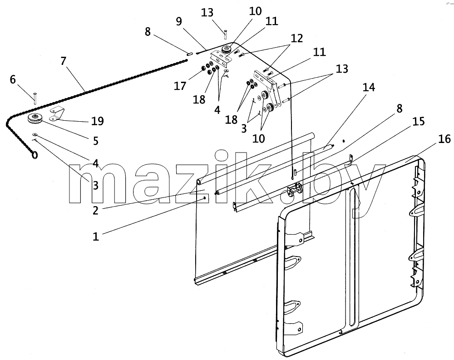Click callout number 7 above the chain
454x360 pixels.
coord(64,61)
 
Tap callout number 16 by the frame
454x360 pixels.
coord(444,139)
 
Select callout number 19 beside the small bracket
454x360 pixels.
coord(98,121)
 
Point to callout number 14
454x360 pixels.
coord(369,87)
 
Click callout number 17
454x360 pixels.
coord(180,86)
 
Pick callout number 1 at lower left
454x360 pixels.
coord(96,237)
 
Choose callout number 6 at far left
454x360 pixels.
coord(13,79)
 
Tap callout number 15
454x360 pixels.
coord(419,121)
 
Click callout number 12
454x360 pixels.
coord(297,38)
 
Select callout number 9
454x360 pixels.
coord(179,21)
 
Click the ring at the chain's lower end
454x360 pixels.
coord(35,155)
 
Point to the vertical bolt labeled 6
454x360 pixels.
coord(35,99)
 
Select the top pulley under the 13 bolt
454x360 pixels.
coord(226,49)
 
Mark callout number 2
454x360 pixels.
coord(95,211)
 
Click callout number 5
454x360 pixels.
coord(96,141)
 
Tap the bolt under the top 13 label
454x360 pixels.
coord(225,35)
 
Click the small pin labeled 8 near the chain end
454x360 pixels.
coord(190,53)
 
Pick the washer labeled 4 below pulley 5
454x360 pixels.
coord(35,134)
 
